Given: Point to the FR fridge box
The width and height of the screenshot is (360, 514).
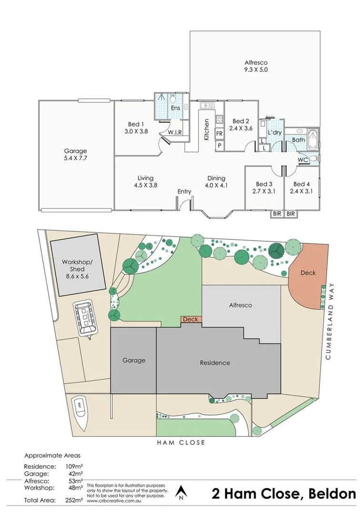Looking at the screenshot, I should click(x=220, y=134).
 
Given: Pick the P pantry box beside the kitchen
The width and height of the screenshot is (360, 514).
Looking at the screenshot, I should click(x=220, y=146).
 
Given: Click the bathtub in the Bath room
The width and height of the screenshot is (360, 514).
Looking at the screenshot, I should click(x=313, y=139).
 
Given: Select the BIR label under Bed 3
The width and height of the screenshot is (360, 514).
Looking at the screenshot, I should click(x=277, y=214).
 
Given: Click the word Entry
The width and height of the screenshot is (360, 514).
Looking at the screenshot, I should click(x=184, y=192).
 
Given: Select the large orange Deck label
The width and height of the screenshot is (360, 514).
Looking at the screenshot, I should click(x=308, y=273).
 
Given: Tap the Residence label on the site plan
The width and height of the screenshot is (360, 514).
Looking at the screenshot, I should click(x=214, y=363).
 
